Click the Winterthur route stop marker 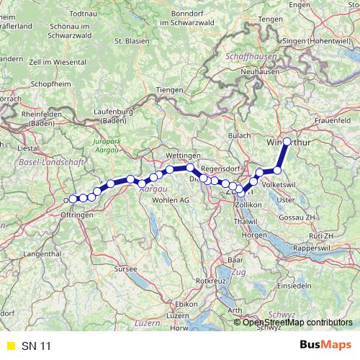(287, 142)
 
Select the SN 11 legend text (37, 346)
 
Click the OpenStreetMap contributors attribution (297, 322)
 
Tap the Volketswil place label (285, 184)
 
